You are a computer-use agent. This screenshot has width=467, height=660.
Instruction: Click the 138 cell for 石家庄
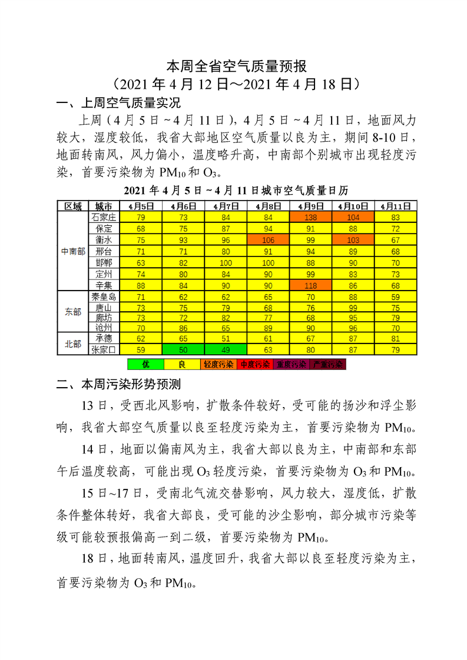click(311, 217)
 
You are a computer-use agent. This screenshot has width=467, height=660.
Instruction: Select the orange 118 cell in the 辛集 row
click(311, 286)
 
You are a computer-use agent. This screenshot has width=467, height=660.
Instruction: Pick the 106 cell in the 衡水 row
click(269, 240)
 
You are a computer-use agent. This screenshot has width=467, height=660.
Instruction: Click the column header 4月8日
click(269, 206)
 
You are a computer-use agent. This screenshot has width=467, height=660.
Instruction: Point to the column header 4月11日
click(395, 206)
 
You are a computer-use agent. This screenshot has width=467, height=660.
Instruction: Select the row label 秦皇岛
click(104, 297)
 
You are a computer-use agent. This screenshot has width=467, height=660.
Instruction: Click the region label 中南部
click(72, 251)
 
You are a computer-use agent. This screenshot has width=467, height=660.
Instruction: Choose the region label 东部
click(72, 312)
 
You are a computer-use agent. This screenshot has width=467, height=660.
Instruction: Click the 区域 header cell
click(72, 206)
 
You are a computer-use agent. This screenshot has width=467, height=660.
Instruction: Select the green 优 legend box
click(145, 364)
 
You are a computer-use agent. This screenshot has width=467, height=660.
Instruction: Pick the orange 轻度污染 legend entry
click(218, 364)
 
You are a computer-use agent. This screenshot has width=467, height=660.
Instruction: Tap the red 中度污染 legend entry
click(255, 364)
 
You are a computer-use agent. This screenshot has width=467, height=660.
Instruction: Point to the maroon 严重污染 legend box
click(327, 364)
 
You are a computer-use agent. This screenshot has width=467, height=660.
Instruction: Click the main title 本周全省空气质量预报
click(233, 65)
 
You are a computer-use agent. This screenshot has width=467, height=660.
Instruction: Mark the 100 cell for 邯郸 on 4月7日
click(226, 263)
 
